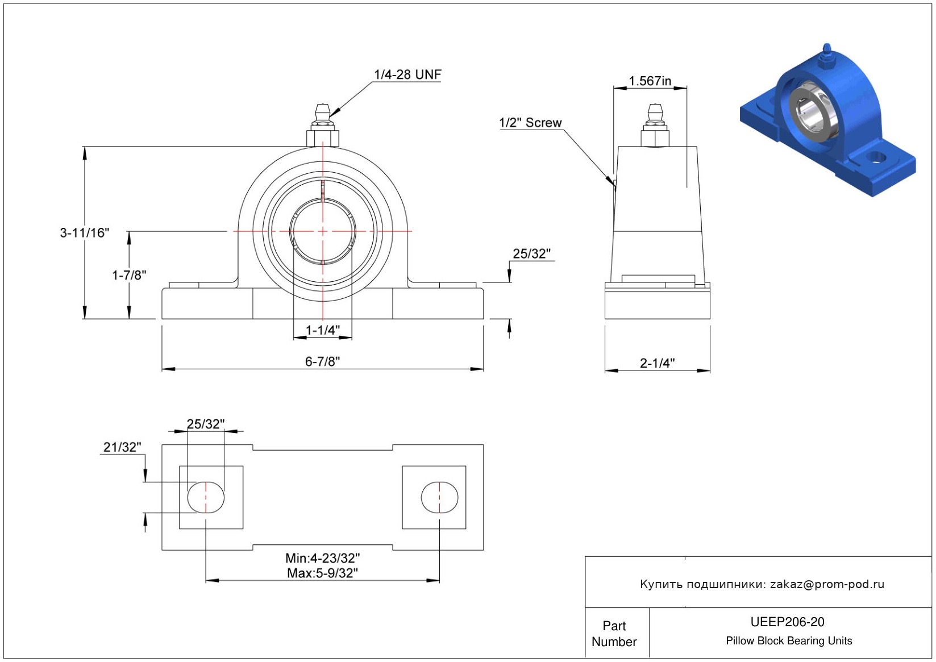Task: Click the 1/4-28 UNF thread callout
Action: [407, 74]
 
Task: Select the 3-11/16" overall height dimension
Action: [85, 232]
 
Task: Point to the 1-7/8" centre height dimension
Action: [129, 275]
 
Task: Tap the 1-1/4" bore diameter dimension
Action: [323, 330]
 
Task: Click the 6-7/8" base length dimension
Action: [323, 361]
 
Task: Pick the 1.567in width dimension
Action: [650, 81]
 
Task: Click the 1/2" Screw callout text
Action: [530, 122]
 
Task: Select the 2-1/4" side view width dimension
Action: [658, 363]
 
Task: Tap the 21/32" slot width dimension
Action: [122, 447]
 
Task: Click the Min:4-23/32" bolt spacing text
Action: [323, 558]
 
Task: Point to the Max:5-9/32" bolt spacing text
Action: [323, 573]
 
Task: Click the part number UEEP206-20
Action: [787, 622]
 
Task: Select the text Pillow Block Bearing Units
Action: [789, 640]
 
